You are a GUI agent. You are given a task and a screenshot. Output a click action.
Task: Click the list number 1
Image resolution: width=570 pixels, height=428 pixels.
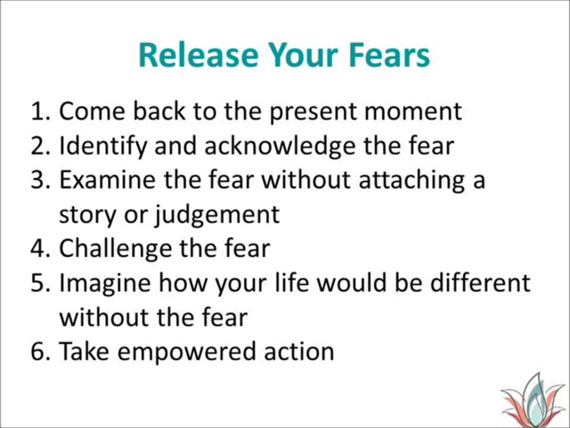[x=39, y=111]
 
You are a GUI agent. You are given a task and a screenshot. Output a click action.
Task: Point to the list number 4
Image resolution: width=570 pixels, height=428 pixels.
[x=39, y=249]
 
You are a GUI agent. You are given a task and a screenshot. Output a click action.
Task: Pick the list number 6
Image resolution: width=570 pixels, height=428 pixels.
[x=39, y=351]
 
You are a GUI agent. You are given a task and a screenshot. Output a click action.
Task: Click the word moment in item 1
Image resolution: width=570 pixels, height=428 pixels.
[x=413, y=111]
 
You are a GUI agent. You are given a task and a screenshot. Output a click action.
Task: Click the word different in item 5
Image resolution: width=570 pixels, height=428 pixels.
[x=480, y=283]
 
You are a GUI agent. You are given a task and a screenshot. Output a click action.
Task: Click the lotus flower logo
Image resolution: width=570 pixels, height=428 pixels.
[x=533, y=399]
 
